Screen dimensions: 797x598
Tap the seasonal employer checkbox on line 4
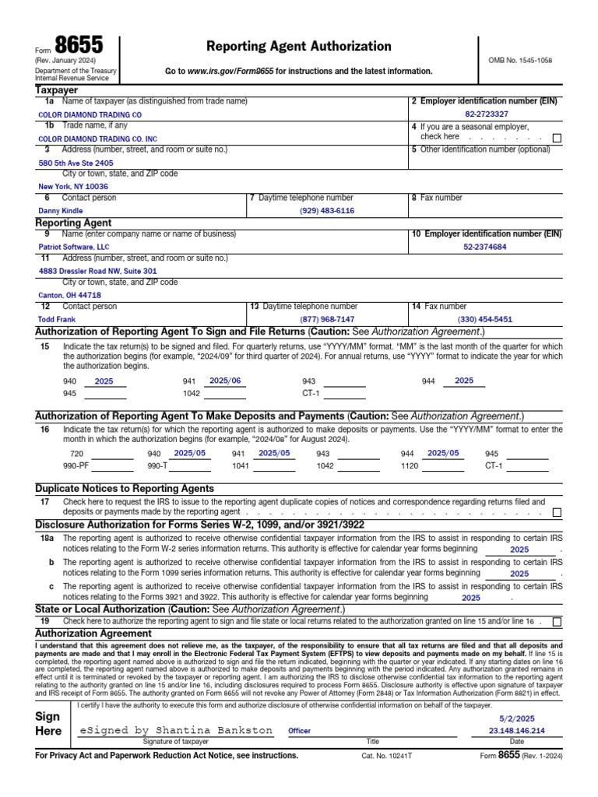click(556, 138)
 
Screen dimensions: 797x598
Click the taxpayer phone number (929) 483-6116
click(327, 211)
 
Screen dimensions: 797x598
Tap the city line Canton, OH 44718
click(69, 296)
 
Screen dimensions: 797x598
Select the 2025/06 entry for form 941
click(225, 381)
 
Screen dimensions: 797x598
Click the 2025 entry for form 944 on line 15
click(464, 381)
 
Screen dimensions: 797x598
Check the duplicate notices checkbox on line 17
click(556, 513)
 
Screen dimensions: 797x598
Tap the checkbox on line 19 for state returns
click(556, 622)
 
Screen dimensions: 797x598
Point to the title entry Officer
click(299, 731)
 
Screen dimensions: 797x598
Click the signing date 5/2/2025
click(517, 719)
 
